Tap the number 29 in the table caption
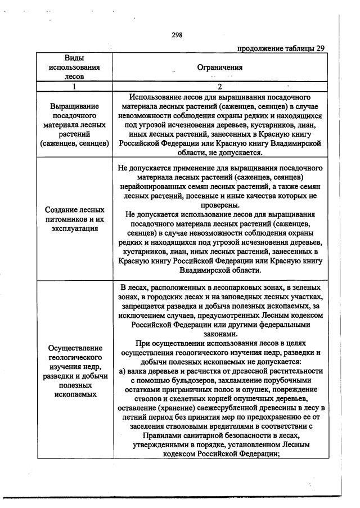point(319,48)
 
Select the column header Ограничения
point(220,68)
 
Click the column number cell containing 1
point(74,87)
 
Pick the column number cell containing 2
point(220,87)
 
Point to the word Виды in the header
point(74,58)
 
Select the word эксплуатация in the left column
point(74,228)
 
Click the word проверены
point(220,205)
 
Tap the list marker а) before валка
point(123,371)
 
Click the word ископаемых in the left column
point(74,395)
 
